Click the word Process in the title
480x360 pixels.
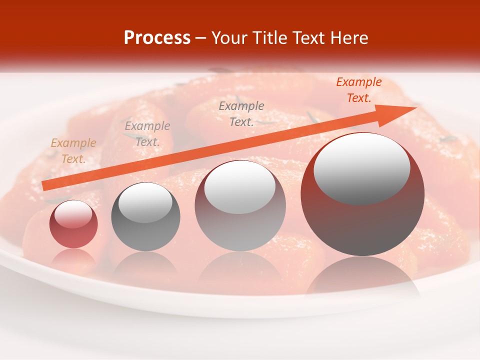click(157, 38)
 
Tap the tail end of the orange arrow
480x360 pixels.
click(45, 186)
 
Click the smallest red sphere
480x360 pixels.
click(73, 224)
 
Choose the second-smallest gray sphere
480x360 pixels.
click(145, 216)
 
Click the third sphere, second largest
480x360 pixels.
click(240, 205)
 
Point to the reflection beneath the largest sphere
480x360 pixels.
click(362, 277)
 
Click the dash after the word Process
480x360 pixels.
click(201, 38)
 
